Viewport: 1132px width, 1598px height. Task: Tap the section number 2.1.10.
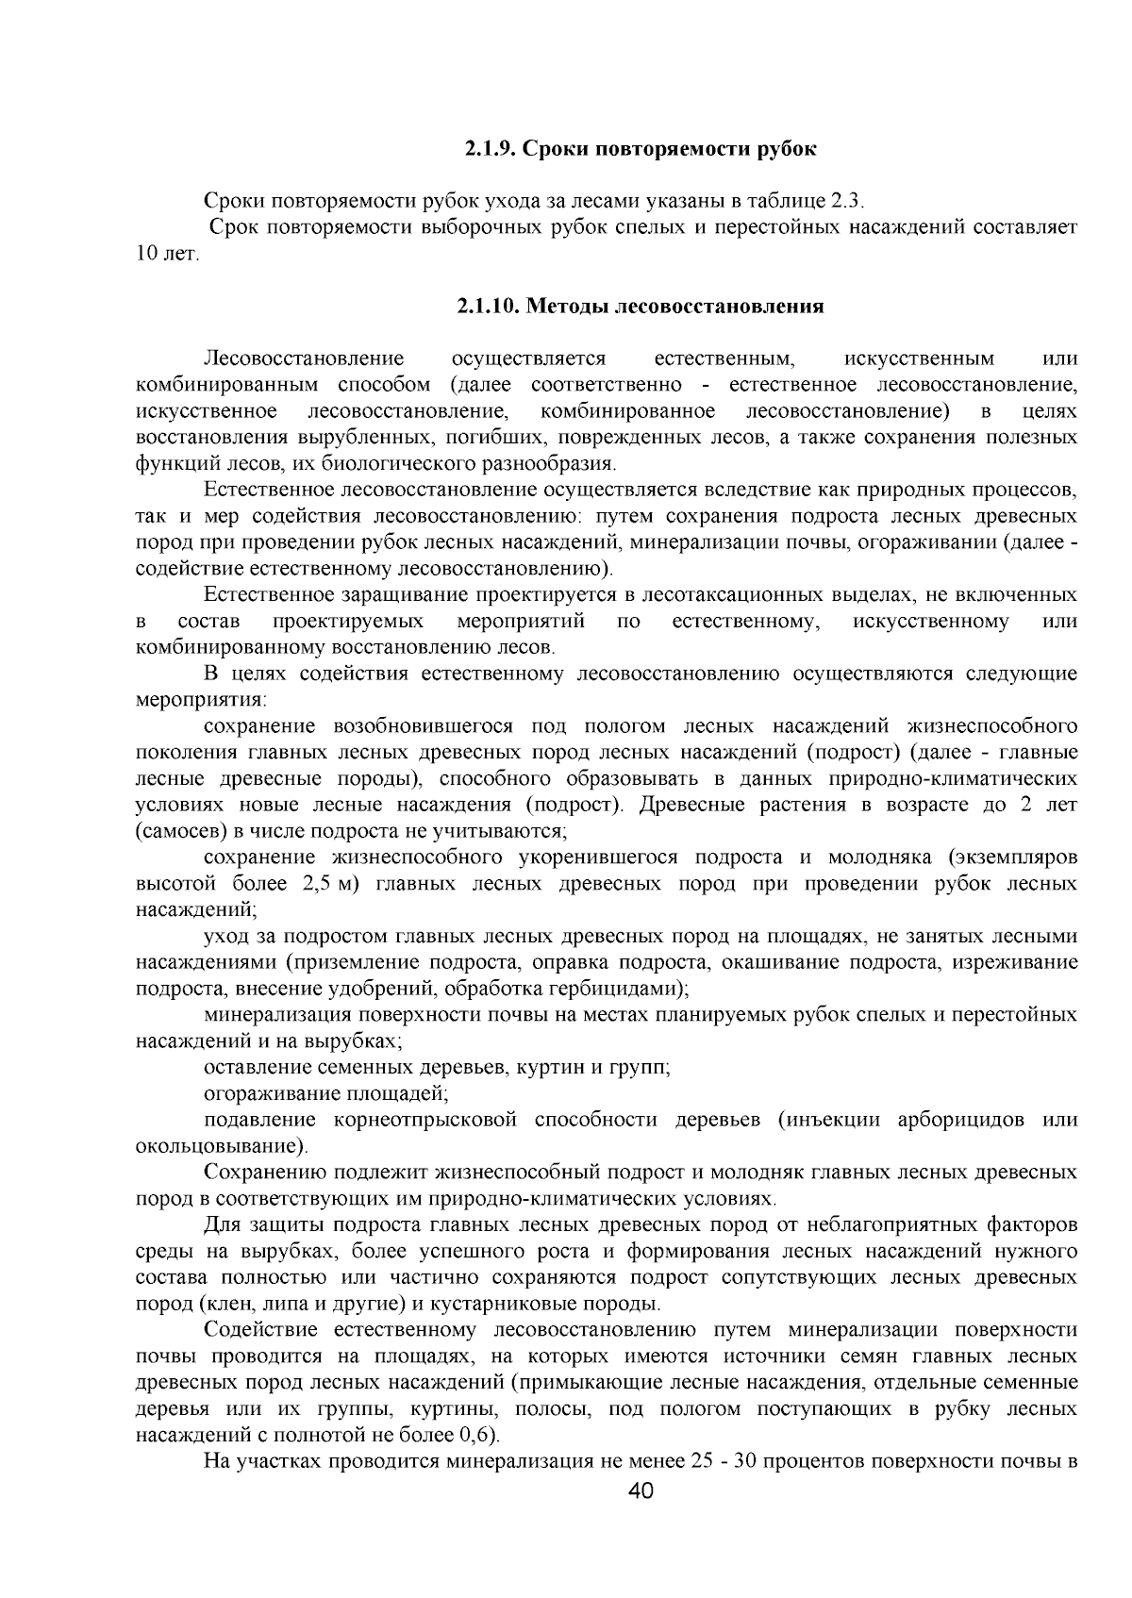click(x=489, y=307)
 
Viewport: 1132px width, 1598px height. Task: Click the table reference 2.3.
click(x=845, y=202)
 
